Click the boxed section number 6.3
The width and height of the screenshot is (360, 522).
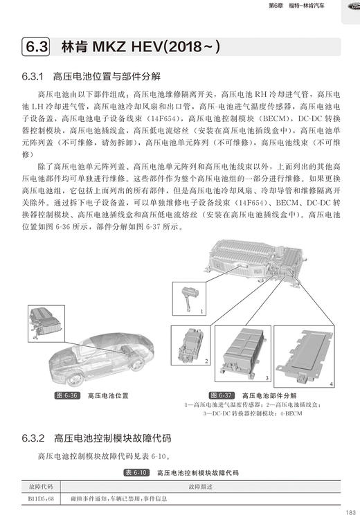(36, 47)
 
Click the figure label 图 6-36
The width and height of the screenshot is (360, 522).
(66, 395)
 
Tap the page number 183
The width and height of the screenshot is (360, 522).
(349, 512)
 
